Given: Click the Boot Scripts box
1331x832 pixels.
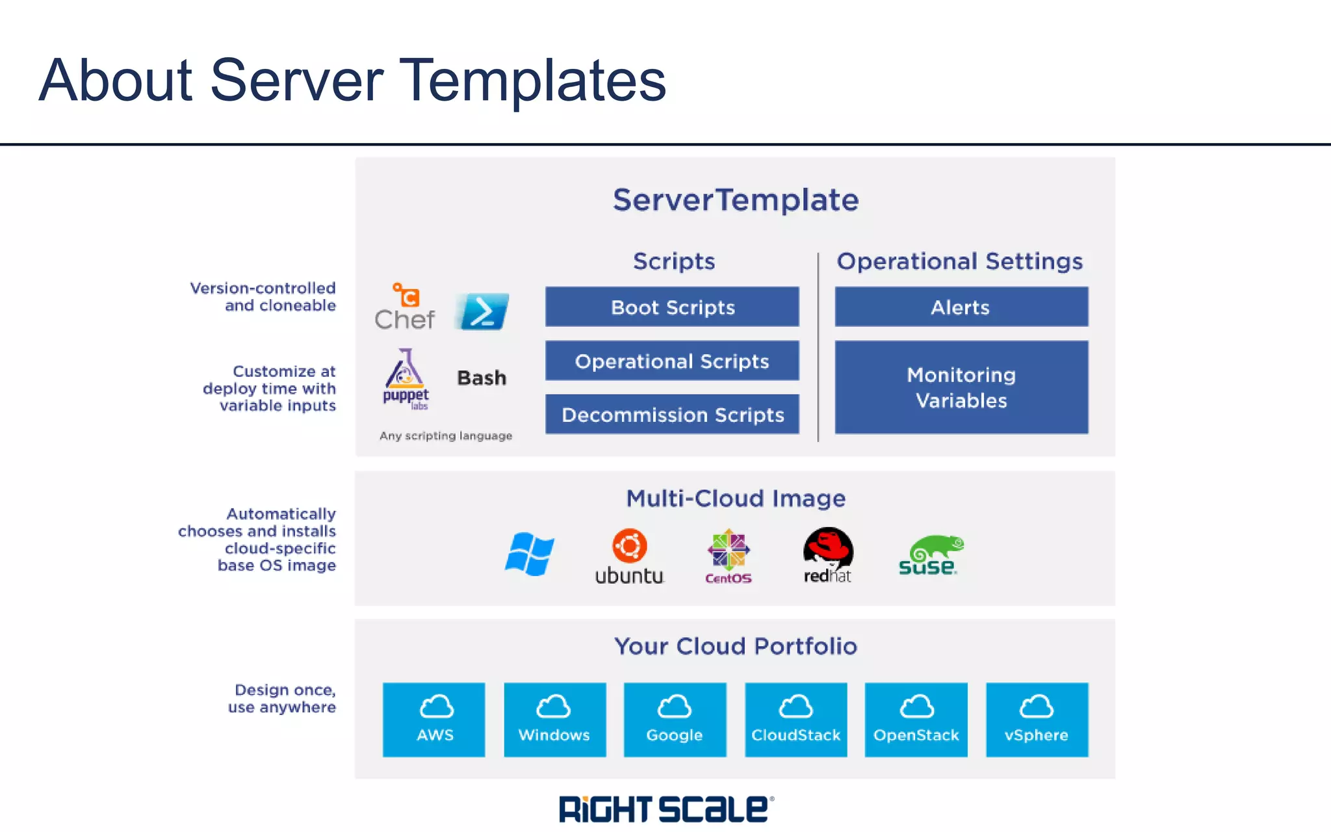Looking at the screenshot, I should (x=672, y=307).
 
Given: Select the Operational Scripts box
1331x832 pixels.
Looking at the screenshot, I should (x=672, y=361).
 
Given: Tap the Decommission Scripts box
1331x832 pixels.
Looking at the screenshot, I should (x=672, y=415).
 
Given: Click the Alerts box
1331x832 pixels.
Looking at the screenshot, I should (x=961, y=307).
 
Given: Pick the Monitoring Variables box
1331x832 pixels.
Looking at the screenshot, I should (x=961, y=387).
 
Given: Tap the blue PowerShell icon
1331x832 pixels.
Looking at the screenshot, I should (x=482, y=311).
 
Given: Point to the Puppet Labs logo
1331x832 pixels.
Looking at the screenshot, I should (x=406, y=380).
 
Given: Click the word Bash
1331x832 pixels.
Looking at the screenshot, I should (x=482, y=378).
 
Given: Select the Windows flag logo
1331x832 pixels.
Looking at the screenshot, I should (x=530, y=554).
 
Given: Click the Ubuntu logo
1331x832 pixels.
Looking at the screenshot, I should (x=629, y=556).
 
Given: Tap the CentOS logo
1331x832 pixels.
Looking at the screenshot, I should (x=729, y=556).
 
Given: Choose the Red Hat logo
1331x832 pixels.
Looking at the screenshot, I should (x=827, y=555).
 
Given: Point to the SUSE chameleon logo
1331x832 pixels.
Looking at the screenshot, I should (x=930, y=555).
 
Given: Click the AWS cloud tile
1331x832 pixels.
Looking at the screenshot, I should (x=434, y=720).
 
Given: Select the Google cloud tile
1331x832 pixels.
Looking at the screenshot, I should (x=675, y=720).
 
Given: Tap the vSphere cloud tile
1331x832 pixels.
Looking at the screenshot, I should (x=1037, y=720).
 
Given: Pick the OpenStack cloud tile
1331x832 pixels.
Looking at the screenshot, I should (x=916, y=720).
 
